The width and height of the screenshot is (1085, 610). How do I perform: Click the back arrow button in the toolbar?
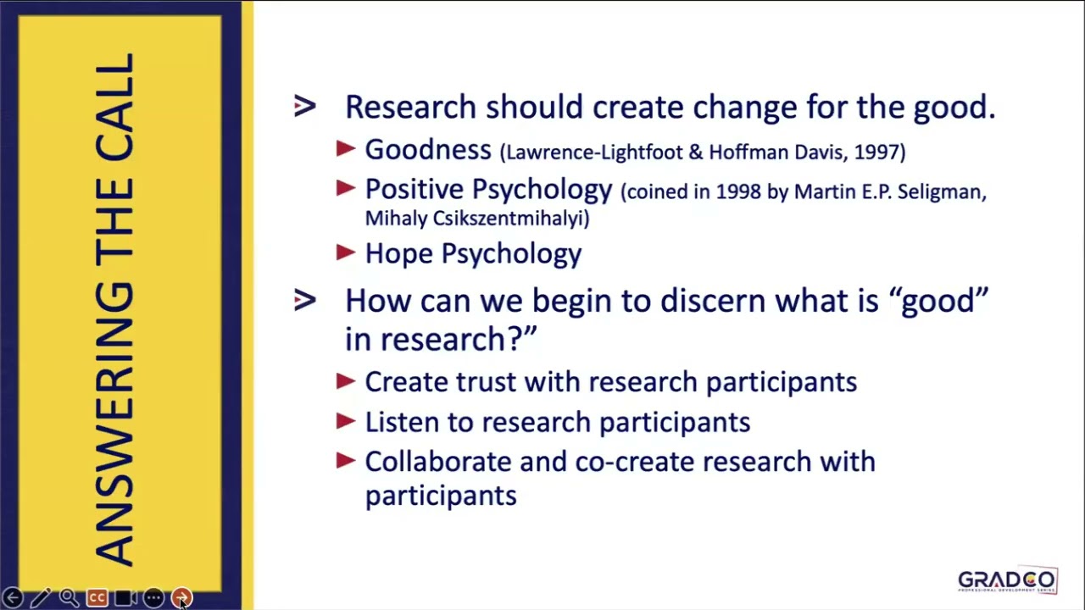point(13,598)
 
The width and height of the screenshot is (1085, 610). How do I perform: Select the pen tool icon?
point(41,598)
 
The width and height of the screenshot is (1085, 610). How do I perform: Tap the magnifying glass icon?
point(69,598)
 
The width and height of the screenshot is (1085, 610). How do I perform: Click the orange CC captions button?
point(97,598)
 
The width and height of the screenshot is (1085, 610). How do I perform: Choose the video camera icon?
point(125,598)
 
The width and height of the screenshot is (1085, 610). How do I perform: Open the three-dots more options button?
point(153,598)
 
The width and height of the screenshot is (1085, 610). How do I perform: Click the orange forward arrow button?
point(181,598)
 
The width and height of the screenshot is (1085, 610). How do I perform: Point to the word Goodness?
point(427,150)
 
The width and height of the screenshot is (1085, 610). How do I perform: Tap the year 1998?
point(738,192)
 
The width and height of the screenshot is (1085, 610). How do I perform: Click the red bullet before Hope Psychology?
point(346,252)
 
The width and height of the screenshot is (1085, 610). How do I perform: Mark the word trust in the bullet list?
point(487,382)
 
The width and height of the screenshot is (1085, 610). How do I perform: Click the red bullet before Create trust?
point(346,381)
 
